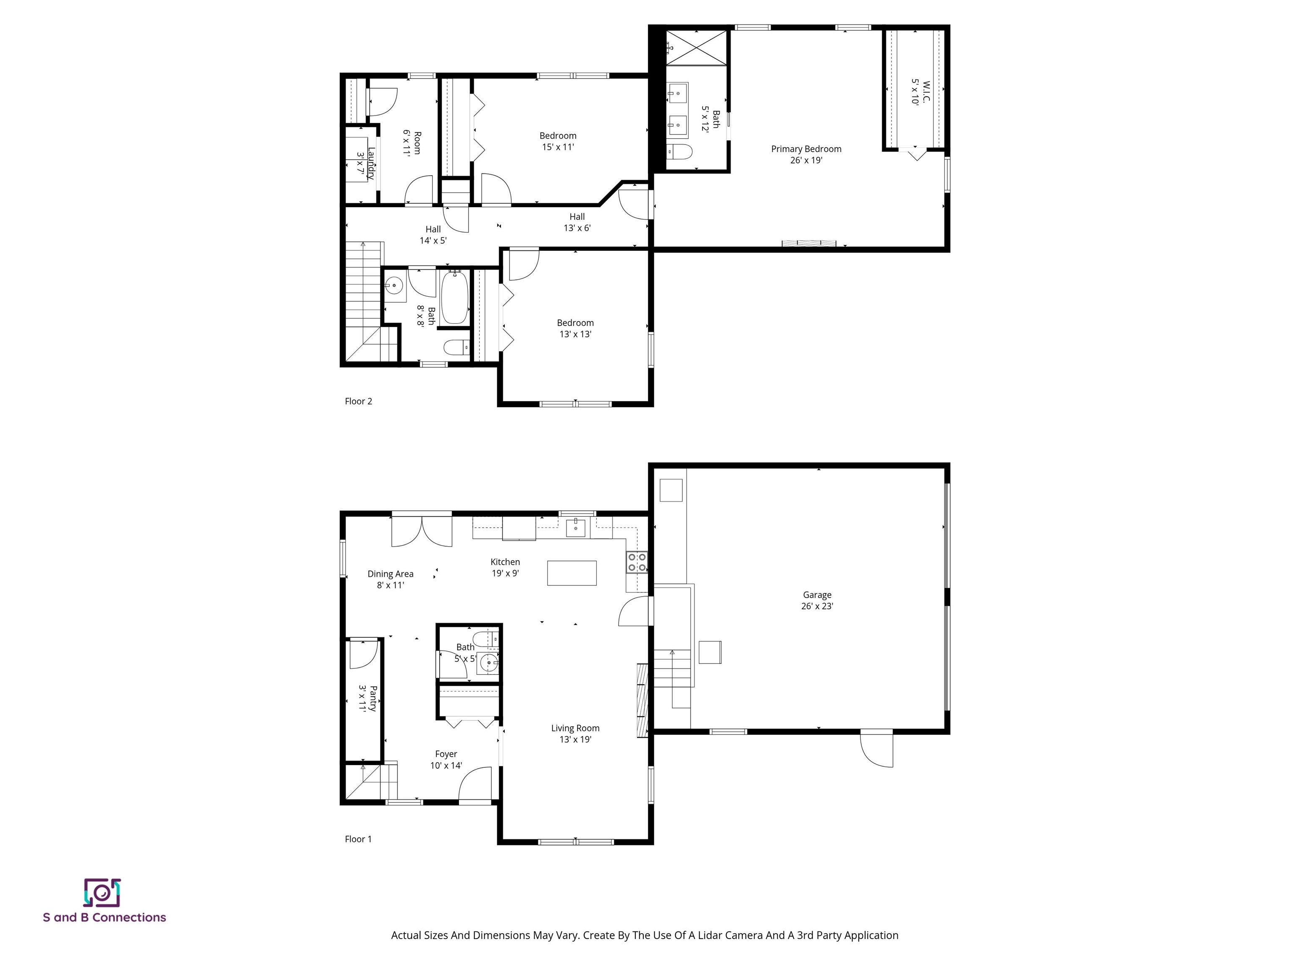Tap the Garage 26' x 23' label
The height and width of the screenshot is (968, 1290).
click(817, 600)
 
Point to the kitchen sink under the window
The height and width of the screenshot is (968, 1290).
click(576, 527)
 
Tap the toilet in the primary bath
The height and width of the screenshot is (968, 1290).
click(679, 152)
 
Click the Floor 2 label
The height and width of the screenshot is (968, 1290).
click(358, 401)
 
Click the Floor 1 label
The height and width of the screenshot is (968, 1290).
click(358, 839)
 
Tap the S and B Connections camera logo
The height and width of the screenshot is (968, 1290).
click(102, 893)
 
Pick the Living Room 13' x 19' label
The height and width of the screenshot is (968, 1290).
click(575, 734)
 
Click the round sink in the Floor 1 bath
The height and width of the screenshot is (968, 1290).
click(488, 663)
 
